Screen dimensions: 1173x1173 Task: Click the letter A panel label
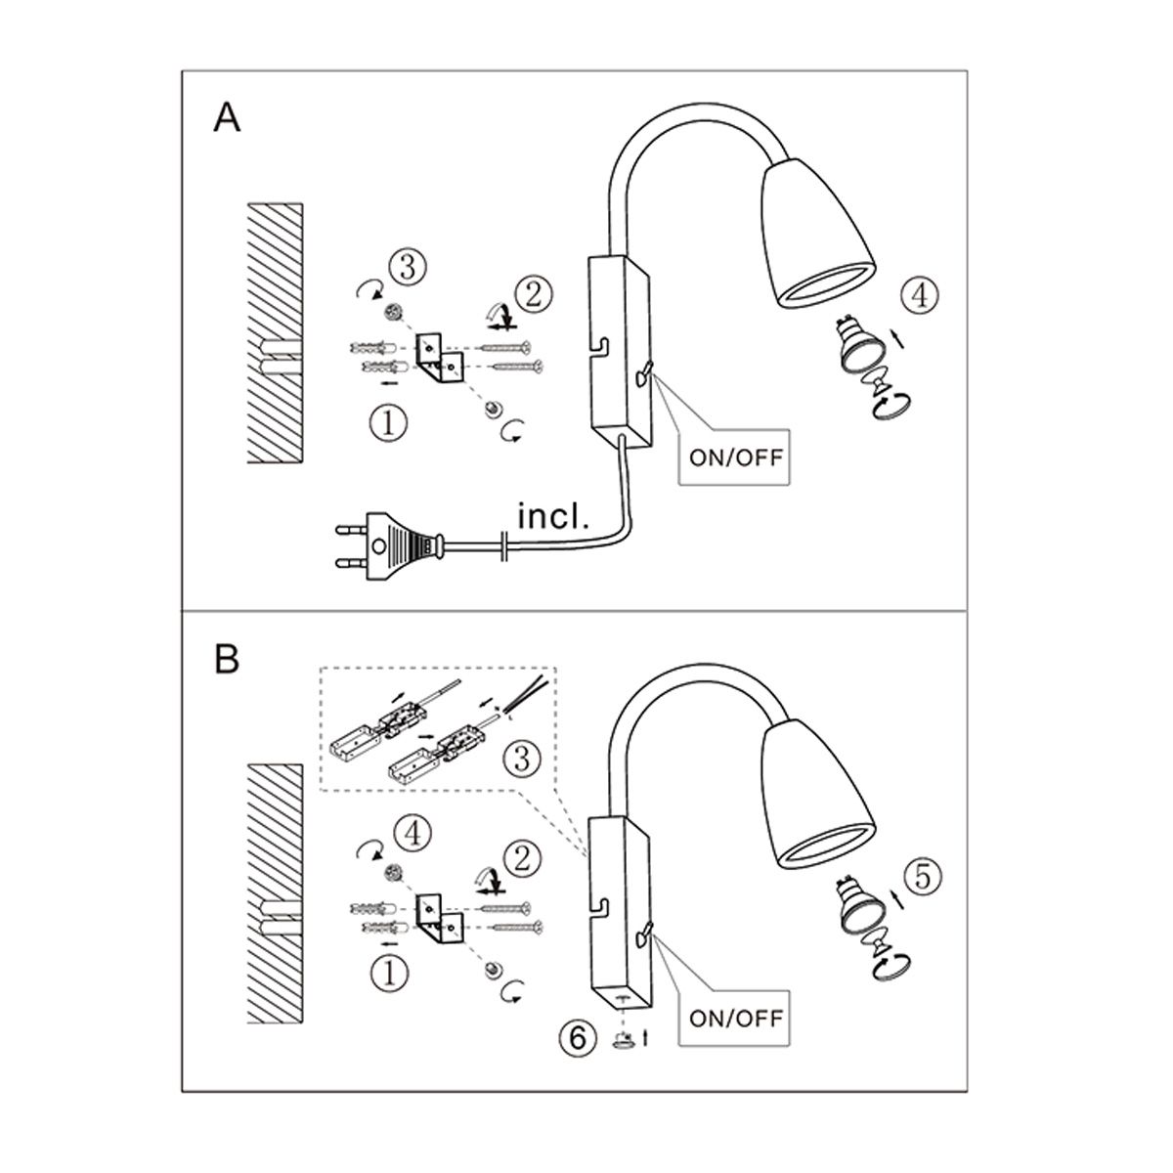click(x=227, y=117)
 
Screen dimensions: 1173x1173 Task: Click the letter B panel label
click(x=227, y=658)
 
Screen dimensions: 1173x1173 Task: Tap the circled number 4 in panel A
click(x=919, y=296)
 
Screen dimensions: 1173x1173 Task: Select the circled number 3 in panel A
click(x=408, y=268)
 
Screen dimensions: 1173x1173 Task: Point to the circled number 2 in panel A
click(x=534, y=296)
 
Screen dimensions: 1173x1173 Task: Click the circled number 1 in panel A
click(x=389, y=423)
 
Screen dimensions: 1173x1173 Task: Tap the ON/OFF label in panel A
click(x=736, y=457)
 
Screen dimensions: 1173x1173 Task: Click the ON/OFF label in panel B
click(x=736, y=1018)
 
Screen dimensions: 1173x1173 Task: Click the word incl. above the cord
click(x=552, y=516)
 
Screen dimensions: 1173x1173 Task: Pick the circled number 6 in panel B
click(x=578, y=1037)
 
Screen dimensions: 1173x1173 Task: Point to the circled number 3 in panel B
click(x=522, y=760)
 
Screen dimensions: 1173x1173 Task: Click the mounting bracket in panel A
click(x=438, y=358)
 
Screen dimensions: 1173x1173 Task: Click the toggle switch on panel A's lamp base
click(x=644, y=373)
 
